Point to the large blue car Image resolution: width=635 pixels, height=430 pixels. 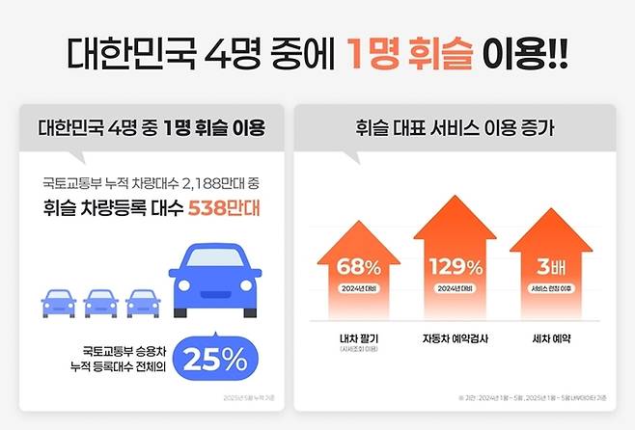click(215, 281)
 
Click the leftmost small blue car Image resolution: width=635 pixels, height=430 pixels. click(59, 302)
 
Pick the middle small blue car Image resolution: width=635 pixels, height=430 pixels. click(100, 302)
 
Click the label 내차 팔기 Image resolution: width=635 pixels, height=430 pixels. click(357, 339)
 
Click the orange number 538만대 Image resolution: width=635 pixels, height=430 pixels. click(224, 207)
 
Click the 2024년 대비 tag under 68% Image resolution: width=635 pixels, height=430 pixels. click(357, 289)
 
